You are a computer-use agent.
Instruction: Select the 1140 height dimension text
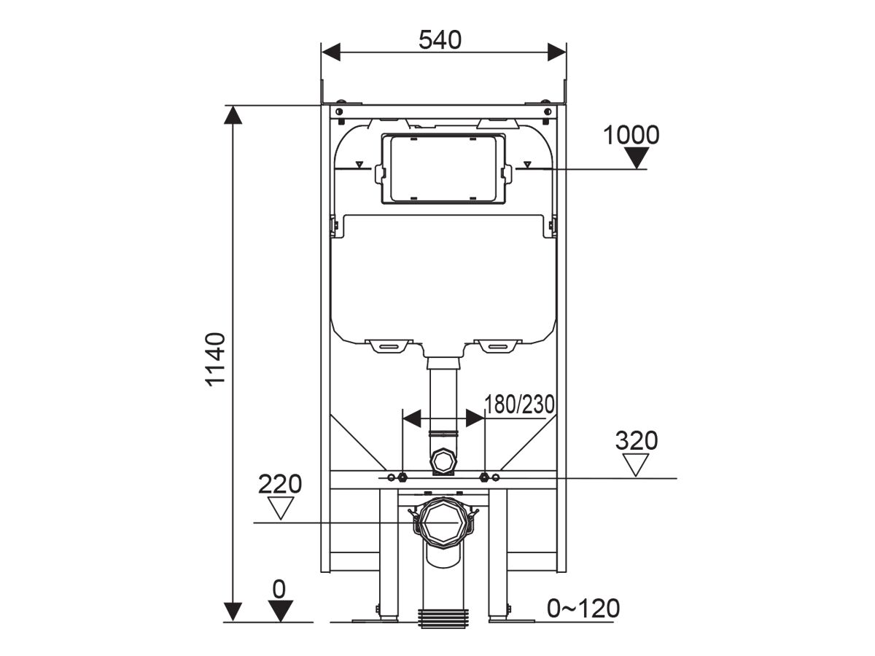pos(216,360)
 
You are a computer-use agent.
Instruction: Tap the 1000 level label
pos(631,135)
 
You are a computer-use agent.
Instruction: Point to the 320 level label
pos(637,441)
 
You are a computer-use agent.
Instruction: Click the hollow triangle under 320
pos(637,464)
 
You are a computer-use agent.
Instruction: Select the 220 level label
pos(280,483)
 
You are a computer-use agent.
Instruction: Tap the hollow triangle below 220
pos(280,507)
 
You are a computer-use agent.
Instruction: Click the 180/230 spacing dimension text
pos(520,404)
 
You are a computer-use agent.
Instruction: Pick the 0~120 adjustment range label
pos(583,607)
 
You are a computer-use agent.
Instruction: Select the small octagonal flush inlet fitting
pos(442,461)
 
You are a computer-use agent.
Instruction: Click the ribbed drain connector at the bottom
pos(442,617)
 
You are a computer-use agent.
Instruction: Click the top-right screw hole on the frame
pos(547,112)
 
